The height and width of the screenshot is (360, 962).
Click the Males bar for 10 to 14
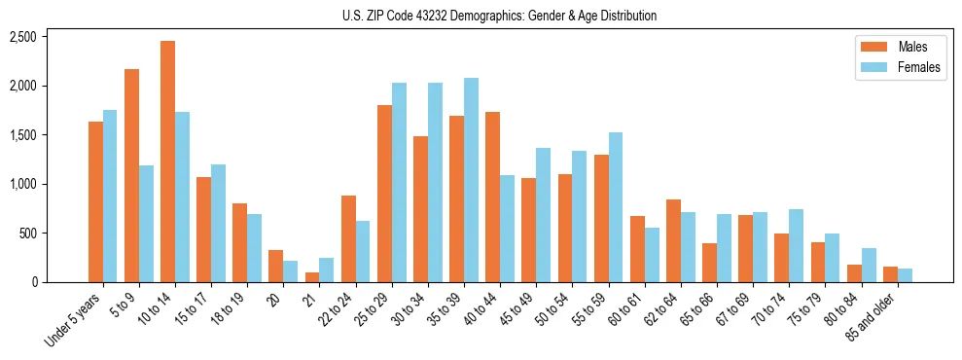click(168, 162)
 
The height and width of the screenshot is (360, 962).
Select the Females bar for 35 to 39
click(471, 180)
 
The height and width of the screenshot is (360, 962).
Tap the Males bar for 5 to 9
click(132, 175)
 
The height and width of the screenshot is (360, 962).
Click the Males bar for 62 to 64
click(673, 240)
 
